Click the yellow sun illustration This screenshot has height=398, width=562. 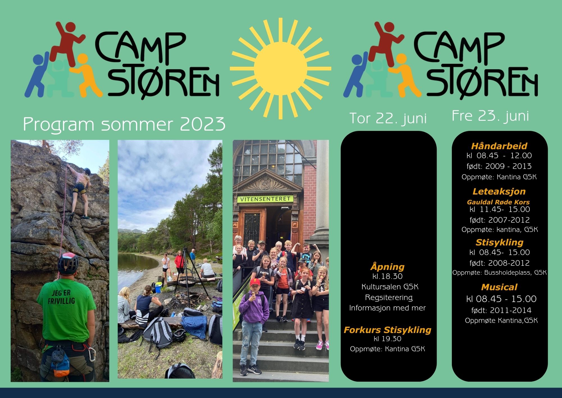tap(280, 68)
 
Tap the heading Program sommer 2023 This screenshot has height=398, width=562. tap(124, 124)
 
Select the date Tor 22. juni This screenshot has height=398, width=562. tap(388, 118)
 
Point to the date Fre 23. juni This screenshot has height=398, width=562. tap(490, 116)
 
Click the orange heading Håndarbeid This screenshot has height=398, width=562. tap(499, 146)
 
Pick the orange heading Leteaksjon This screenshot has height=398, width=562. tap(499, 191)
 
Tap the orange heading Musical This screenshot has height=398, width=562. tap(499, 287)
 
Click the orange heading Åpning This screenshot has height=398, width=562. tap(387, 266)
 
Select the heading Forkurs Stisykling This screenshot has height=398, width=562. tap(387, 330)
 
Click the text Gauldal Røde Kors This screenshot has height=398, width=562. tap(498, 202)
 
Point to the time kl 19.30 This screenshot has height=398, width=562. tap(387, 339)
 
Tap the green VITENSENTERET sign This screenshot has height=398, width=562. tap(265, 199)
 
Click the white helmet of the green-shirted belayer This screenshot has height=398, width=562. tap(68, 263)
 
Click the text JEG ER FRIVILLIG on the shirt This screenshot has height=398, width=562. tap(61, 297)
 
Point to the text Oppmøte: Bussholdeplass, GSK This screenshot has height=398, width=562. tap(500, 273)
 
